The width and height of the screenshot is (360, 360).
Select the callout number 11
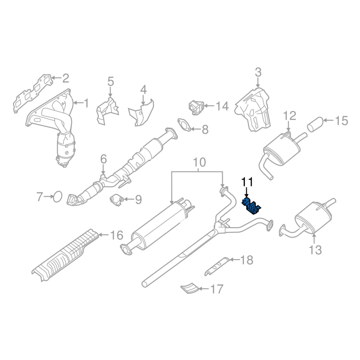pyautogui.click(x=247, y=182)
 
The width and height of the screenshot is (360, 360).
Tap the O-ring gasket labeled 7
pyautogui.click(x=57, y=197)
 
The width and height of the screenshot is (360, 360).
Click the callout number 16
pyautogui.click(x=117, y=235)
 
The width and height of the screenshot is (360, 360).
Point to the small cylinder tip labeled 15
pyautogui.click(x=315, y=125)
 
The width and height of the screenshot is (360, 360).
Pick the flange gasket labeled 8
pyautogui.click(x=184, y=125)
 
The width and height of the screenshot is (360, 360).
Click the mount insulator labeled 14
pyautogui.click(x=196, y=108)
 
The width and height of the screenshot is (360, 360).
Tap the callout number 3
pyautogui.click(x=258, y=72)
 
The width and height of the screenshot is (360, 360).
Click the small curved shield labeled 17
pyautogui.click(x=189, y=288)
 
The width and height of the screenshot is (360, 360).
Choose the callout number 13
pyautogui.click(x=315, y=250)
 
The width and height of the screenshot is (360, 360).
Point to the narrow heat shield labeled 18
pyautogui.click(x=217, y=266)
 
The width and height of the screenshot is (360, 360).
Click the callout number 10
pyautogui.click(x=199, y=162)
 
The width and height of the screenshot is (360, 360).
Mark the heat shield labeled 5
pyautogui.click(x=108, y=111)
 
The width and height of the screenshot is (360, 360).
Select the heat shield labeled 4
pyautogui.click(x=141, y=113)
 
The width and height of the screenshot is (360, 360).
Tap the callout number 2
pyautogui.click(x=65, y=78)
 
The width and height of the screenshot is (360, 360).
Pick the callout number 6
pyautogui.click(x=103, y=159)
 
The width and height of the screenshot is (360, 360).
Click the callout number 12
pyautogui.click(x=289, y=116)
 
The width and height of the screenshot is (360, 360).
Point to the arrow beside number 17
pyautogui.click(x=203, y=289)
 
